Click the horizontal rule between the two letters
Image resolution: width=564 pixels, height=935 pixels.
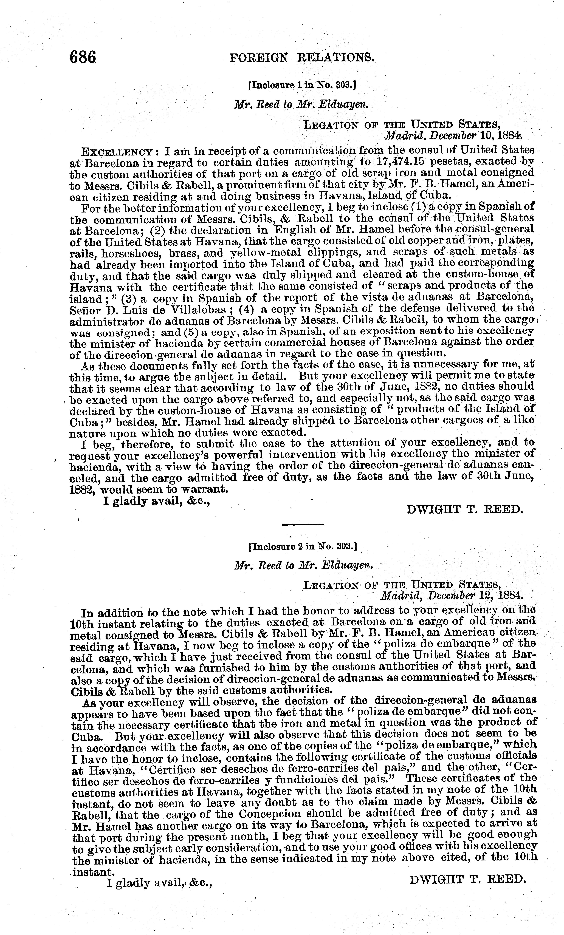coord(303,524)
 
